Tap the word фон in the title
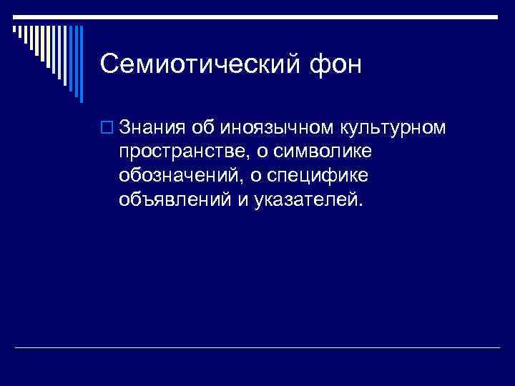pyautogui.click(x=338, y=64)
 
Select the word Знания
pyautogui.click(x=152, y=128)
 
